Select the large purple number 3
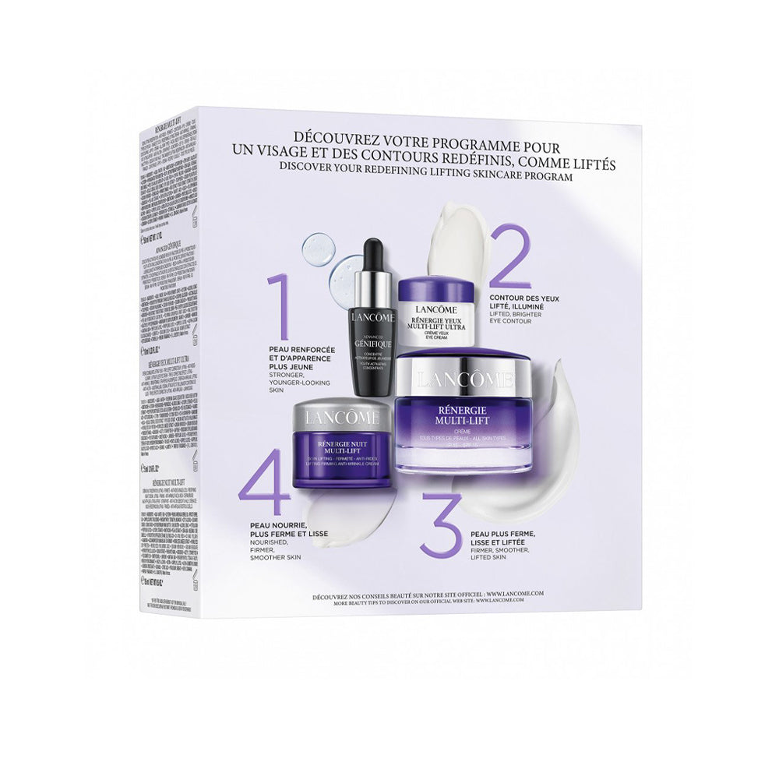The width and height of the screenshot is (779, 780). pyautogui.click(x=442, y=519)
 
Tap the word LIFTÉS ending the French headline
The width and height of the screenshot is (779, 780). pyautogui.click(x=592, y=164)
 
